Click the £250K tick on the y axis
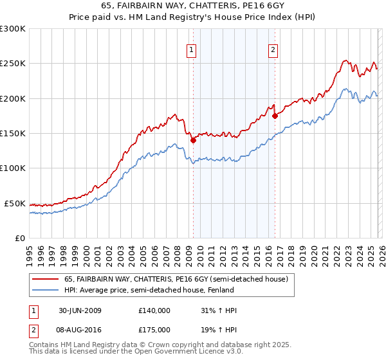[13, 64]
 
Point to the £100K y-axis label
[13, 168]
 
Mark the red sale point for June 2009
[193, 140]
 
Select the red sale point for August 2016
[275, 116]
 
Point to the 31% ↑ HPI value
[219, 310]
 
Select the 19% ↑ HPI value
[219, 328]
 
